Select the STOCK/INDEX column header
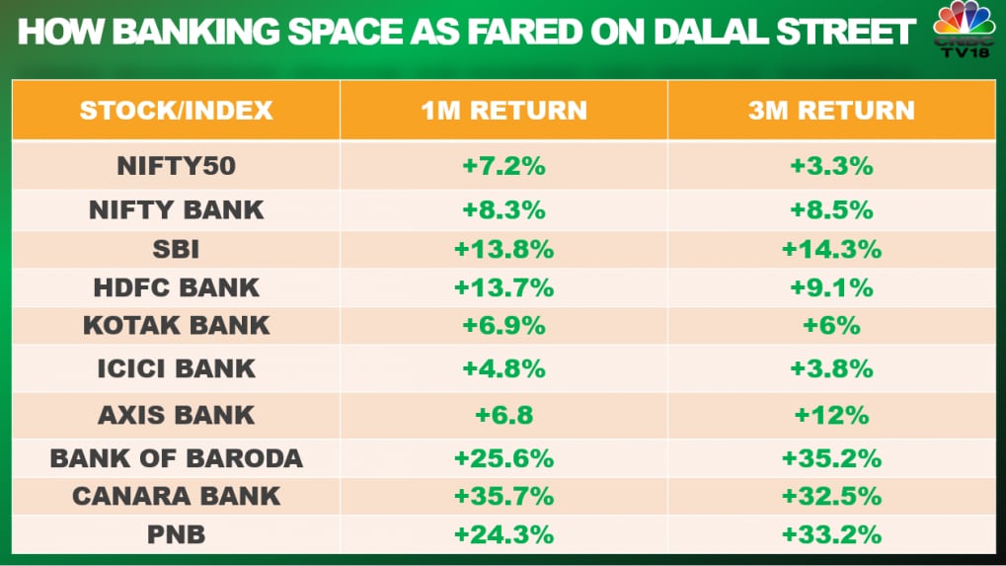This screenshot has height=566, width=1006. pos(176,110)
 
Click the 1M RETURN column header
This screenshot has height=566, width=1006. pos(503,110)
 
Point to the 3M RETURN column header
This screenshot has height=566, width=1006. pos(831,110)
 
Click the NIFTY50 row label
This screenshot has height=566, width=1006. pos(176,166)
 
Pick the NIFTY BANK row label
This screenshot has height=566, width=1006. pos(176,209)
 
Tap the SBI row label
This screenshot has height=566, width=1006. pos(176,249)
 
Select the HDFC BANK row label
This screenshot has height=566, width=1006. pos(176,287)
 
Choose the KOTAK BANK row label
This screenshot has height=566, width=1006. pos(176,326)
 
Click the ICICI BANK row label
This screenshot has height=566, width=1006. pos(176,368)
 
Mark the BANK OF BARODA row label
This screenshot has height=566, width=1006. pos(176,458)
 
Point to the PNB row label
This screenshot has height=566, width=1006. pos(176,534)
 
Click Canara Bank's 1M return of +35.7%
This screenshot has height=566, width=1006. pos(503,496)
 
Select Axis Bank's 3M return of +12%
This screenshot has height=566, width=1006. pos(831,415)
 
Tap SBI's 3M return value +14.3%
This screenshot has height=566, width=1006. pos(831,249)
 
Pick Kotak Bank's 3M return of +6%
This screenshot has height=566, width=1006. pos(831,326)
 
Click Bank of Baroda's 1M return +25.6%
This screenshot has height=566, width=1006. pos(503,458)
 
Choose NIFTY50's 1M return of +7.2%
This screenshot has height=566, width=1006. pos(503,166)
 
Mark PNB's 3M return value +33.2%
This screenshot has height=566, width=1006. pos(831,534)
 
